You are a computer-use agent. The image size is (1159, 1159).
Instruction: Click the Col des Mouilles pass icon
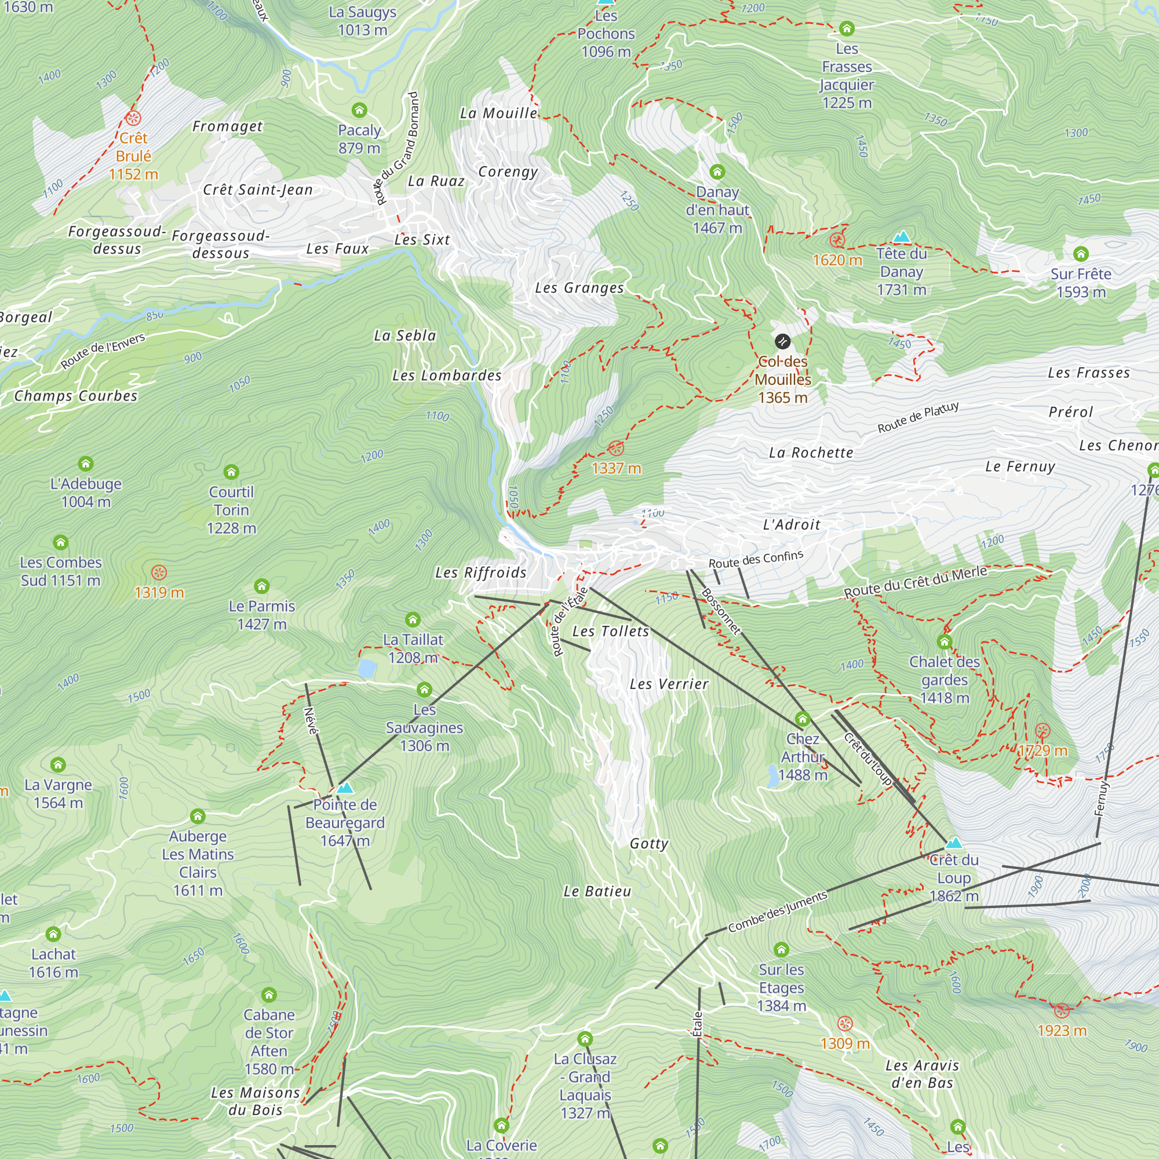click(782, 342)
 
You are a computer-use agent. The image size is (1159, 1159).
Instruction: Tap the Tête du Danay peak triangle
click(902, 238)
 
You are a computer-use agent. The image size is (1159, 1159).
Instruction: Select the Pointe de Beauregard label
click(345, 822)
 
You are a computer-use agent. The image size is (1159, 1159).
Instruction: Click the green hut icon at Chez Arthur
click(803, 719)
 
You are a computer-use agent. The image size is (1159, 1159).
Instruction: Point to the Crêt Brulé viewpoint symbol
click(133, 118)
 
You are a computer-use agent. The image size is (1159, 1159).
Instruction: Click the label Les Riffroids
click(481, 573)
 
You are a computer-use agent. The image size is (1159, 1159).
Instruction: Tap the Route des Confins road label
click(756, 560)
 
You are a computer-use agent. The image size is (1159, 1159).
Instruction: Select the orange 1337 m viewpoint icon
click(616, 448)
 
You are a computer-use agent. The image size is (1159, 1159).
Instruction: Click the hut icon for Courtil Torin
click(232, 472)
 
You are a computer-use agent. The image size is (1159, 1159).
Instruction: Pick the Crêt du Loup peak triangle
click(954, 843)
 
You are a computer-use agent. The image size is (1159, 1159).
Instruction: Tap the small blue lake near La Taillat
click(367, 668)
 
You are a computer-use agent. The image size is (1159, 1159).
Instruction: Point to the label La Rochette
click(811, 453)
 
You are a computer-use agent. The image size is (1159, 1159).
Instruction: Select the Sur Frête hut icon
click(1081, 254)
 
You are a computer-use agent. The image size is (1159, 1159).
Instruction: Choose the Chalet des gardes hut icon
click(945, 643)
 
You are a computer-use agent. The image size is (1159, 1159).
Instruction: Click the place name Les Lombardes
click(447, 376)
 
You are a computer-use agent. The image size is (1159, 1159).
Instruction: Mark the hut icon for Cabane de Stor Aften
click(269, 995)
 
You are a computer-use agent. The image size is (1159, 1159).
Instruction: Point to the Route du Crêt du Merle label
click(916, 582)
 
